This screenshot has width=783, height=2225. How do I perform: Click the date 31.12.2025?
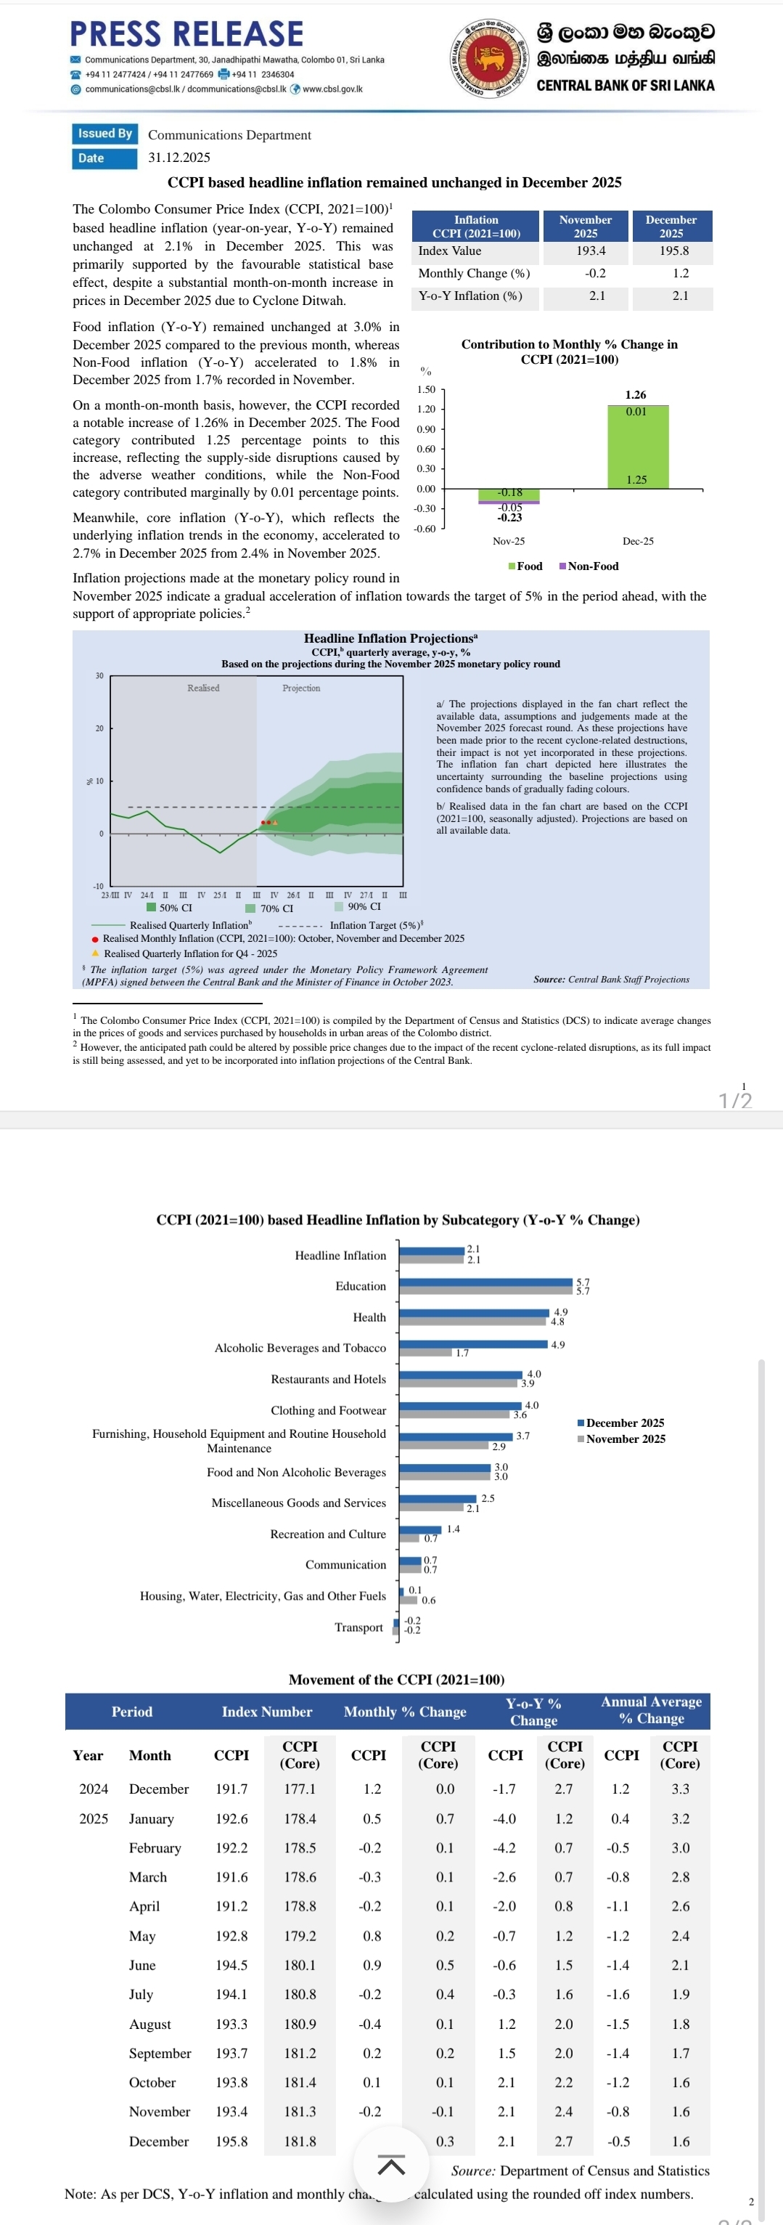[179, 157]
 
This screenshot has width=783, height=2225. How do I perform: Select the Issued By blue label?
[104, 133]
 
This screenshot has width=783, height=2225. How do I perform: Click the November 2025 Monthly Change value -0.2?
[596, 273]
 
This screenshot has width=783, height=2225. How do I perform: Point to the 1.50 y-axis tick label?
[427, 389]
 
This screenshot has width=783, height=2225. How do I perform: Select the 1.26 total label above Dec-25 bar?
[636, 395]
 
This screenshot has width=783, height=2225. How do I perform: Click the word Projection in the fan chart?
[301, 688]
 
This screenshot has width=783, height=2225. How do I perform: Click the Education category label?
[361, 1286]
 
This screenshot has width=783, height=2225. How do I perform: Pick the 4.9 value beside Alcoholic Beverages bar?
[558, 1345]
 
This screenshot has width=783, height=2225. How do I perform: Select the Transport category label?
[358, 1627]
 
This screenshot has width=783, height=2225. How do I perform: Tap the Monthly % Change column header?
[404, 1711]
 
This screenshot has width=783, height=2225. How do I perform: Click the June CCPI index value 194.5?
[231, 1965]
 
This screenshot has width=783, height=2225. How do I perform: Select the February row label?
[155, 1847]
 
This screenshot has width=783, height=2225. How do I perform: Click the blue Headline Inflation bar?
[432, 1250]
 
